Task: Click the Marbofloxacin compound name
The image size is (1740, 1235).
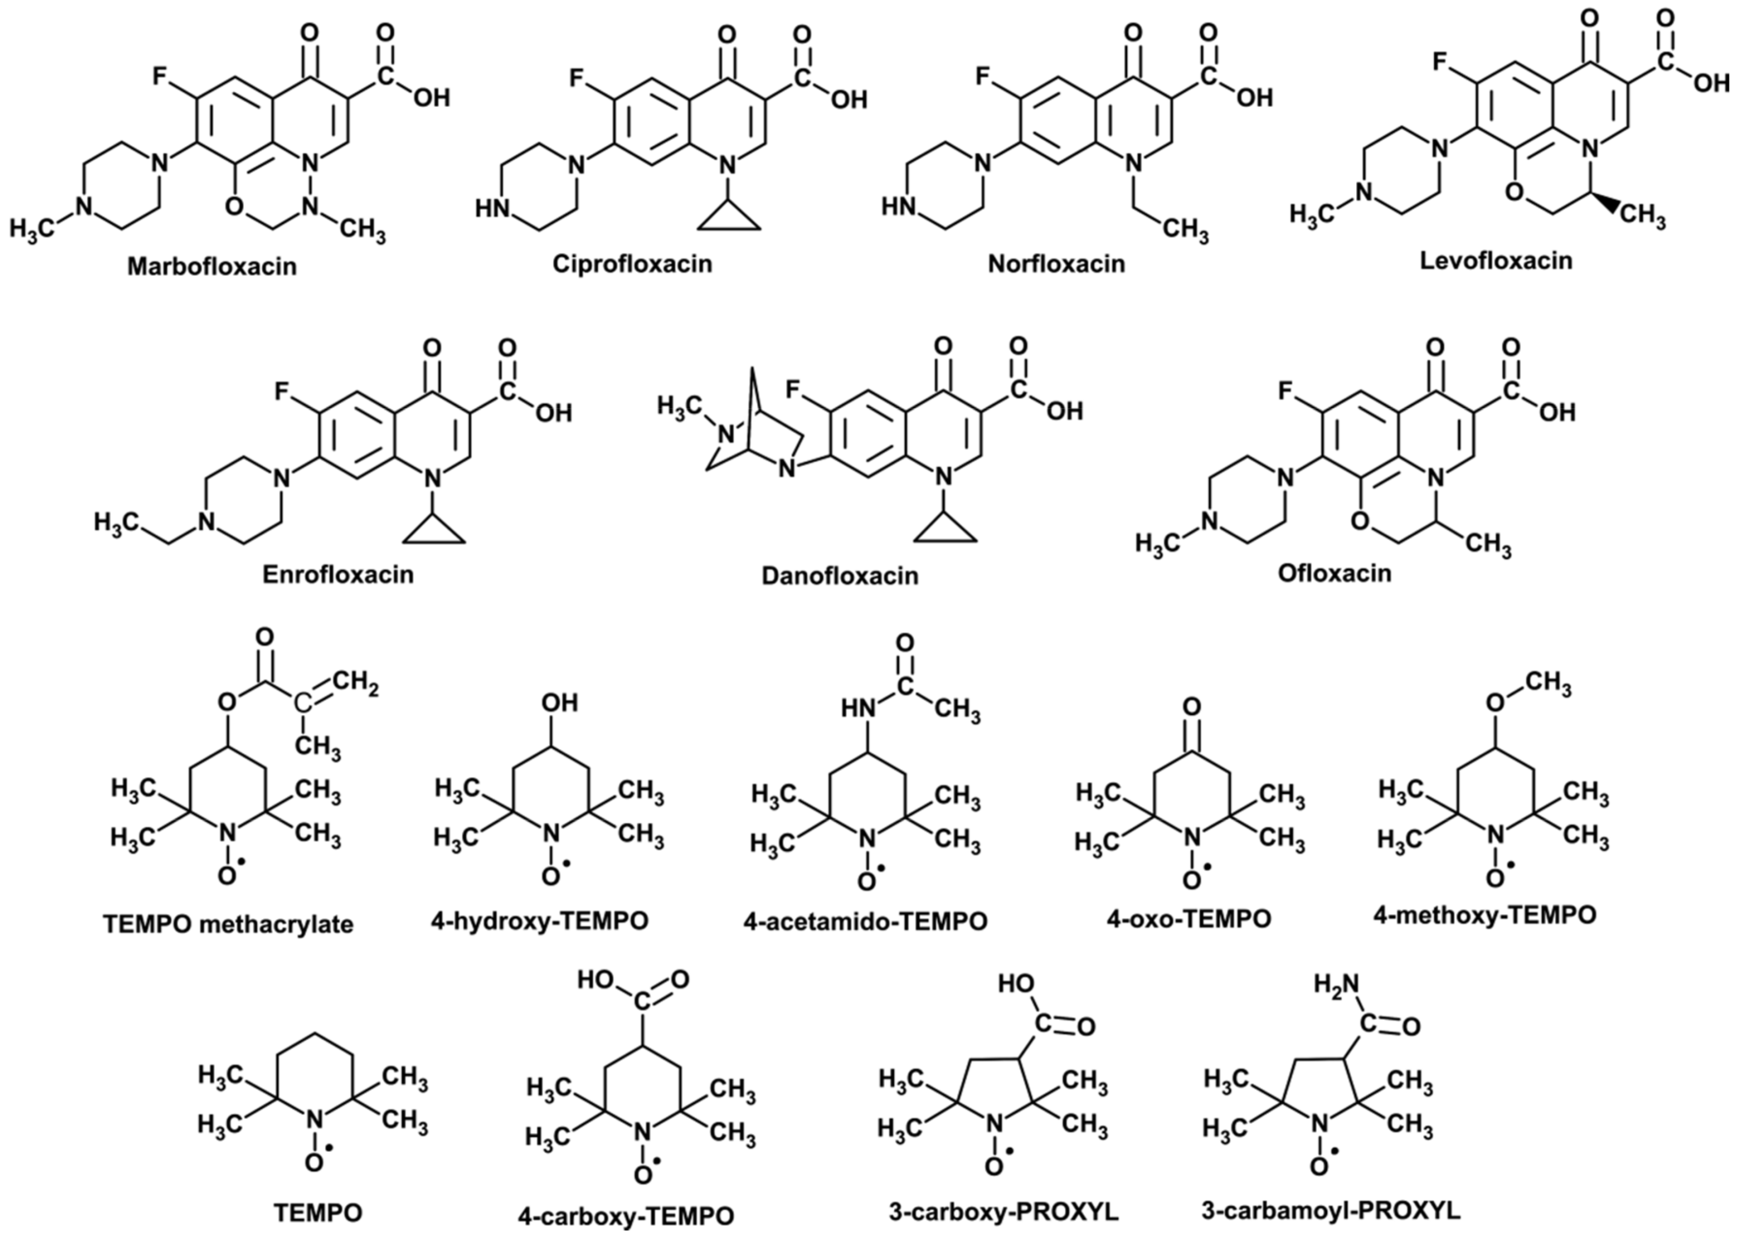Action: (212, 266)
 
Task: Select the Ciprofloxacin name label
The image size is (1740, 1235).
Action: (633, 264)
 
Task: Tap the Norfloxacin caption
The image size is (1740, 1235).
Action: (1056, 264)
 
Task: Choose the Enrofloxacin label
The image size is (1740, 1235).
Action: (338, 574)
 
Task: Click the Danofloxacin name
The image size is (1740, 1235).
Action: (840, 576)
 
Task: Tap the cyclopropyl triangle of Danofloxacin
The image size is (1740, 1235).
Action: (944, 529)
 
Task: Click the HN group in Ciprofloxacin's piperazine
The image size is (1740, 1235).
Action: (492, 208)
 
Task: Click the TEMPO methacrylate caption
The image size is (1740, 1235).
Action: (229, 925)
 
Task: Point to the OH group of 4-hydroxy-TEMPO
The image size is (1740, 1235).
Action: (559, 702)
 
